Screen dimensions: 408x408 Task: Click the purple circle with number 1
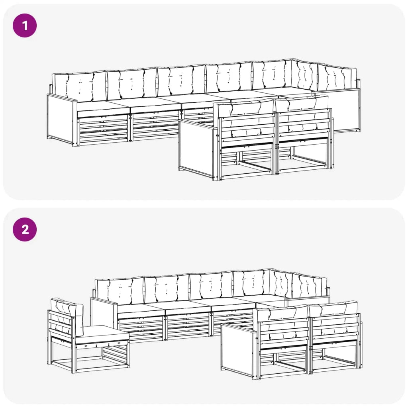click(25, 25)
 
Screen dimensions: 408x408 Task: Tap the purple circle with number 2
click(25, 229)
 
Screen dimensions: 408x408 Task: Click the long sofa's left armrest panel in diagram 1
click(61, 120)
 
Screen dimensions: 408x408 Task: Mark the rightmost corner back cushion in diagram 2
click(310, 286)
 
